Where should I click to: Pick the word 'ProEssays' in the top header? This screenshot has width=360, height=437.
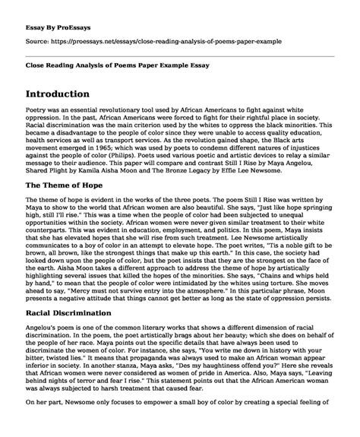(x=74, y=14)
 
